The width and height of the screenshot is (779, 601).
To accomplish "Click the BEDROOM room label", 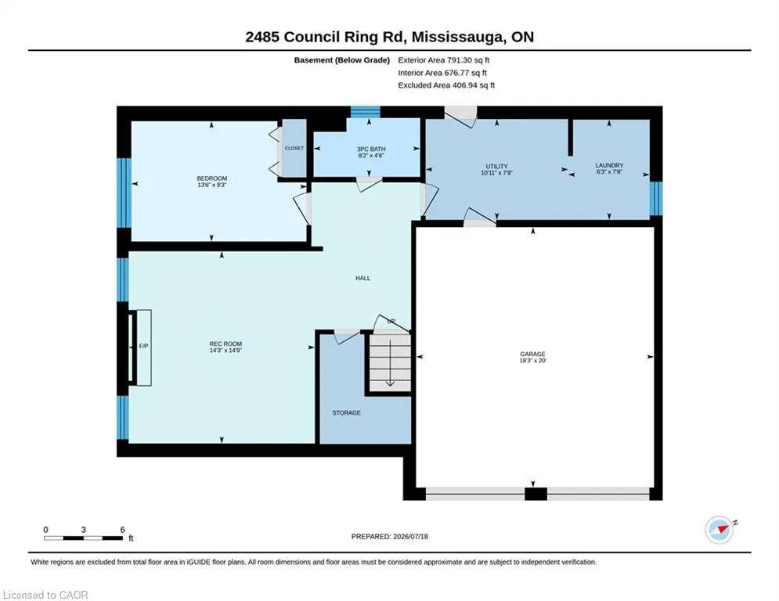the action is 212,178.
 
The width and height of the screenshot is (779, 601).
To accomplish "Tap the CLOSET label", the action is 294,148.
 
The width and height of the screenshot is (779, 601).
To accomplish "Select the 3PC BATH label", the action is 371,149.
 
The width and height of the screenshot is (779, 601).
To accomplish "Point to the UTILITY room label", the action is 497,167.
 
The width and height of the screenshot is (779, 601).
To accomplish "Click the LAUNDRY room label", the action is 609,165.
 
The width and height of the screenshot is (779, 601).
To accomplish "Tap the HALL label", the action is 362,278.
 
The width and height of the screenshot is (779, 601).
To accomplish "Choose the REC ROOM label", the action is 225,344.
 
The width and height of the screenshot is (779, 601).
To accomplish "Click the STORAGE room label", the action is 346,412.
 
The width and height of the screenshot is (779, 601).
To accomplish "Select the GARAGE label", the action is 532,354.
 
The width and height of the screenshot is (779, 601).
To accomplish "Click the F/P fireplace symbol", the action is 143,347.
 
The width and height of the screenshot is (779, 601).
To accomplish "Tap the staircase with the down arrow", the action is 390,362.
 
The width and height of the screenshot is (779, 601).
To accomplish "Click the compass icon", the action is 719,530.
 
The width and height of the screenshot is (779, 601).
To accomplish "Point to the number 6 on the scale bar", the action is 122,530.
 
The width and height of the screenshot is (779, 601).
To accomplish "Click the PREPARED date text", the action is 390,536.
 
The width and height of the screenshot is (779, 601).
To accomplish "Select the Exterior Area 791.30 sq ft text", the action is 444,60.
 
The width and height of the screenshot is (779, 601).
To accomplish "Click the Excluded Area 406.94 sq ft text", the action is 446,85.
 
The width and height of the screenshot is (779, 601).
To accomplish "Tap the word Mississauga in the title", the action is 456,38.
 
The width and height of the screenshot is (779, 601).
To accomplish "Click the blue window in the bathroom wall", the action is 365,112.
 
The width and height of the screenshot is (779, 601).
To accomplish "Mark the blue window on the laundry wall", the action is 656,198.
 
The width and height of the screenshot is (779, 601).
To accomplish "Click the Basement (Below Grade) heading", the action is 342,60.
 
